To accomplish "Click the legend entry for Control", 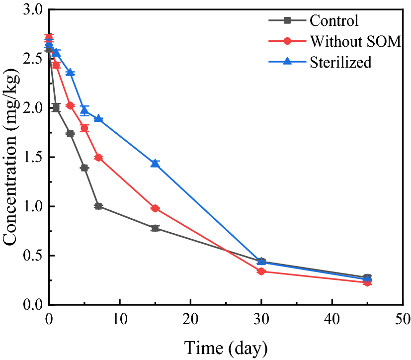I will (333, 21).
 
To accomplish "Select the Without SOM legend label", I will (355, 41).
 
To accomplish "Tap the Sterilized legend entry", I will (340, 62).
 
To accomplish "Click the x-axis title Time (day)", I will (226, 346).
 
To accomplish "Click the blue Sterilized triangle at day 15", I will (155, 163).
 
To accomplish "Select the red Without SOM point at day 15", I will (155, 208).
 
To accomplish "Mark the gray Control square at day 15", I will (155, 228).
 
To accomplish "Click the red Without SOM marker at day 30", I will (261, 271).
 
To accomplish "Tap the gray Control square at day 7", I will (98, 206).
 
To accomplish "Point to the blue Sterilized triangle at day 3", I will (70, 73).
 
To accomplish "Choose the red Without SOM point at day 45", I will (367, 282).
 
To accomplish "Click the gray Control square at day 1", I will (56, 107).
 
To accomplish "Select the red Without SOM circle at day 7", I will (98, 158).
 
